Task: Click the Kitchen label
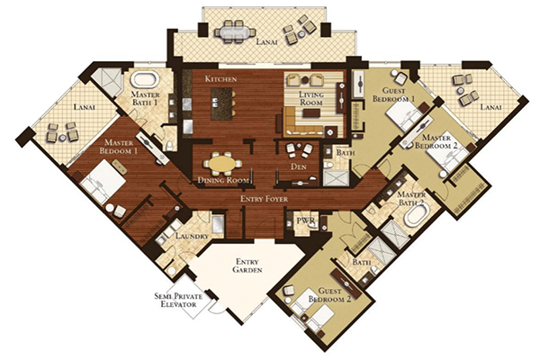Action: pyautogui.click(x=220, y=79)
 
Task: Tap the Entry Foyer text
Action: pyautogui.click(x=264, y=199)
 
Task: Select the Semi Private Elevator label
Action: pyautogui.click(x=178, y=301)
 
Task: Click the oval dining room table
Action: pyautogui.click(x=223, y=163)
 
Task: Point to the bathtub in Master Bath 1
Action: pyautogui.click(x=145, y=80)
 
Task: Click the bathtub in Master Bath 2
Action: pyautogui.click(x=417, y=215)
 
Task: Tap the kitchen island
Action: pyautogui.click(x=221, y=103)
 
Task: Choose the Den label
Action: pyautogui.click(x=299, y=166)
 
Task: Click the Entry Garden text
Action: pyautogui.click(x=247, y=265)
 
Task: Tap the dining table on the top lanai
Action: pyautogui.click(x=232, y=31)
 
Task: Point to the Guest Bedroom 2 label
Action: pyautogui.click(x=329, y=295)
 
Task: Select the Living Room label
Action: pyautogui.click(x=311, y=98)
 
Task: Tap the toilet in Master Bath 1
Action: pyautogui.click(x=169, y=146)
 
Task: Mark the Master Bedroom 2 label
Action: pyautogui.click(x=436, y=141)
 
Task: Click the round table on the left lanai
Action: pyautogui.click(x=62, y=138)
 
